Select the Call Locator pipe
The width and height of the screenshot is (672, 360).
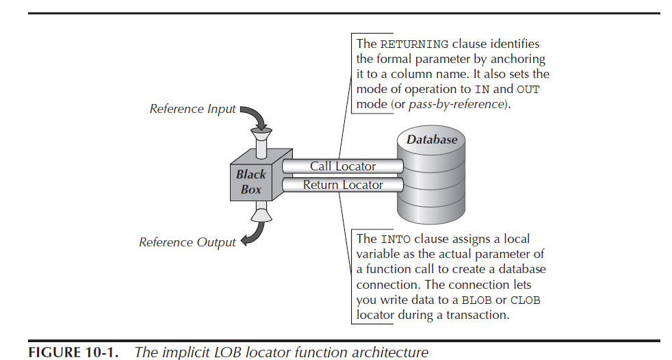point(342,166)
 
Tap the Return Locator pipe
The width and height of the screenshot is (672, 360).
point(342,185)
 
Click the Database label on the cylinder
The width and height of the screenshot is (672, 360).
point(432,140)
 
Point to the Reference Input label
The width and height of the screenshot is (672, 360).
point(192,109)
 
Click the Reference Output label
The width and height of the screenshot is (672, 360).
point(187,242)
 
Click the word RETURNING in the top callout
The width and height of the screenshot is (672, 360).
point(414,44)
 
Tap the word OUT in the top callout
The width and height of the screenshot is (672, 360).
point(528,90)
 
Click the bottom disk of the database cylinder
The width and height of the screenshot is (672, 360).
point(432,212)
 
